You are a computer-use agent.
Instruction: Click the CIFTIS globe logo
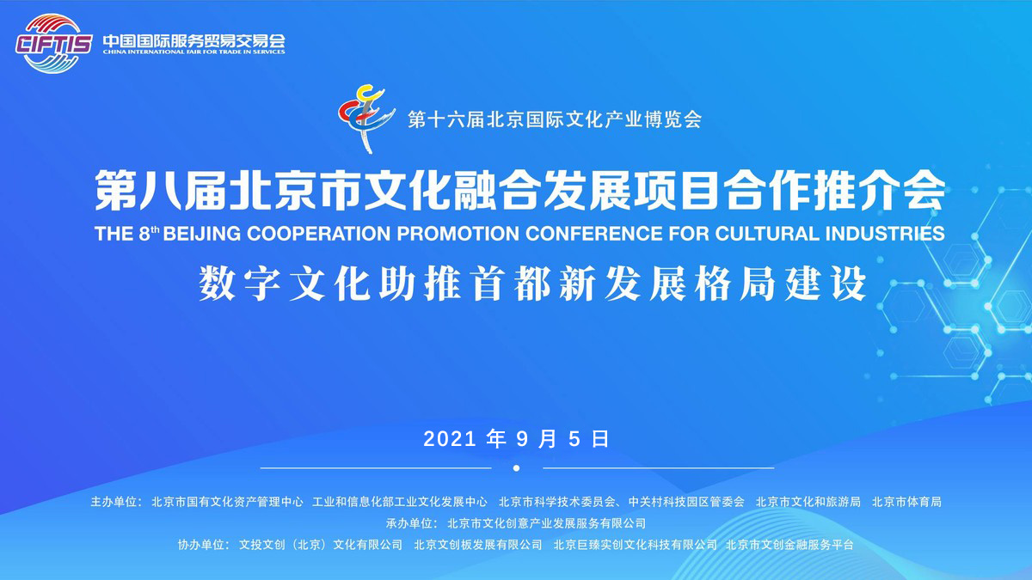tap(53, 44)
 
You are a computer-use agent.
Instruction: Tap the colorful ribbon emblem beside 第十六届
tap(366, 119)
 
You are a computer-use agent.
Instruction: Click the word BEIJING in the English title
tap(202, 234)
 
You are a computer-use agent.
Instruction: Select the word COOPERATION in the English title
tap(319, 234)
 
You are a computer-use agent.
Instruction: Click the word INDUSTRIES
tap(885, 234)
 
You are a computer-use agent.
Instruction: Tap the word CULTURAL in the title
tap(767, 234)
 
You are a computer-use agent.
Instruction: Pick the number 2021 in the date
tap(449, 439)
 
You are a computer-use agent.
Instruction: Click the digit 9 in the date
tap(522, 439)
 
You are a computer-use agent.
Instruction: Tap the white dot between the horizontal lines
tap(517, 468)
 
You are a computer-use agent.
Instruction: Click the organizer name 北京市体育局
tap(906, 502)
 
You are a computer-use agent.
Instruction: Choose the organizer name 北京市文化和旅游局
tap(808, 502)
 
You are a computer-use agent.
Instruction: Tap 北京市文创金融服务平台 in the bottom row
tap(789, 545)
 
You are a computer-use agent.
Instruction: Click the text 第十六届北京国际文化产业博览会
tap(555, 119)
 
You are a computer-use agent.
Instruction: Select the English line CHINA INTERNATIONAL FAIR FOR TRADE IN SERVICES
tap(194, 52)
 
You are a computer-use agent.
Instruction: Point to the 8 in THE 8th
tap(144, 235)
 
